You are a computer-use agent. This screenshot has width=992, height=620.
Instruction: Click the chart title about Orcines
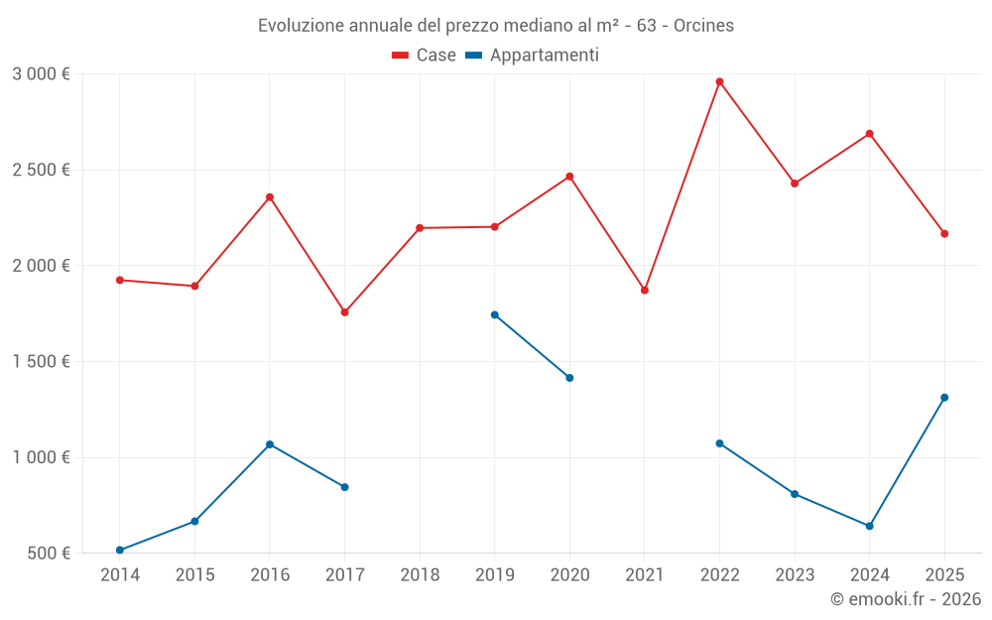496,26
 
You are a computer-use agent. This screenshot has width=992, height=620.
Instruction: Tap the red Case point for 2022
719,81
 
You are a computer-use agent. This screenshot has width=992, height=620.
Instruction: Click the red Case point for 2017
344,312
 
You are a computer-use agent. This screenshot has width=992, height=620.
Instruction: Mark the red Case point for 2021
645,291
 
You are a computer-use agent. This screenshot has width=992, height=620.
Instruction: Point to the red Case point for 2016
270,197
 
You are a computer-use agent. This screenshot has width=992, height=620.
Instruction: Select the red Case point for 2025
944,234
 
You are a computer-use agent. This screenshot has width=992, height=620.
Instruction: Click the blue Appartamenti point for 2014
120,550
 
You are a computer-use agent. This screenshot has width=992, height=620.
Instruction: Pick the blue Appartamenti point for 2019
495,315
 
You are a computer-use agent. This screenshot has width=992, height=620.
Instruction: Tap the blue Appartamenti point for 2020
569,378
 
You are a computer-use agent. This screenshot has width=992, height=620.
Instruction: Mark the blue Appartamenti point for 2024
869,526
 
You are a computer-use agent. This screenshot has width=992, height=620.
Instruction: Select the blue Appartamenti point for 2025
944,398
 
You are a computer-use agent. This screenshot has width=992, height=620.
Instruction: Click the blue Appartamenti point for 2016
270,444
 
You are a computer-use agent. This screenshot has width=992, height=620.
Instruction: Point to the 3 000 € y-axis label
41,74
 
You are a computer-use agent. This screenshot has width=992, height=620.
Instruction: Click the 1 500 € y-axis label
41,362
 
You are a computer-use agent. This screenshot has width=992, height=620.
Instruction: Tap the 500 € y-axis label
48,554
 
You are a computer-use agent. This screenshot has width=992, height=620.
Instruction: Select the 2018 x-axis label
420,575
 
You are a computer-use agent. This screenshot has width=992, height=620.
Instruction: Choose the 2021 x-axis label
645,575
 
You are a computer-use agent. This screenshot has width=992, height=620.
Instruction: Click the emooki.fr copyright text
906,599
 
